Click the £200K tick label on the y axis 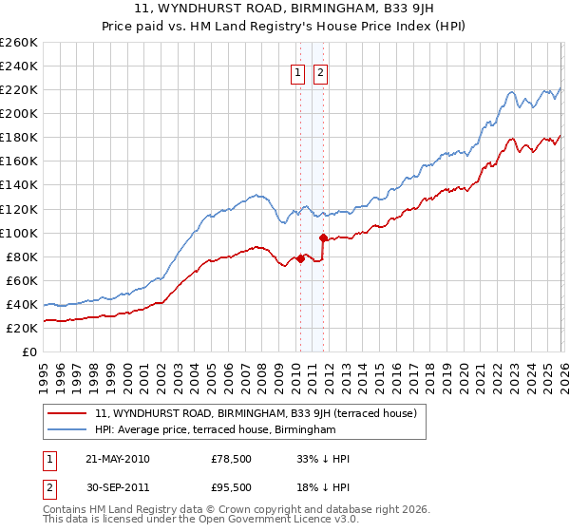[19, 113]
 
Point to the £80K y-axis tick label [21, 256]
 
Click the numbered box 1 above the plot [298, 72]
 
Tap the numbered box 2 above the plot [321, 72]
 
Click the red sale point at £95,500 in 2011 [323, 237]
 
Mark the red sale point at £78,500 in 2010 [300, 257]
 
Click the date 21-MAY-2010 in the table [117, 459]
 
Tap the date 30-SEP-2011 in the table [117, 487]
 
